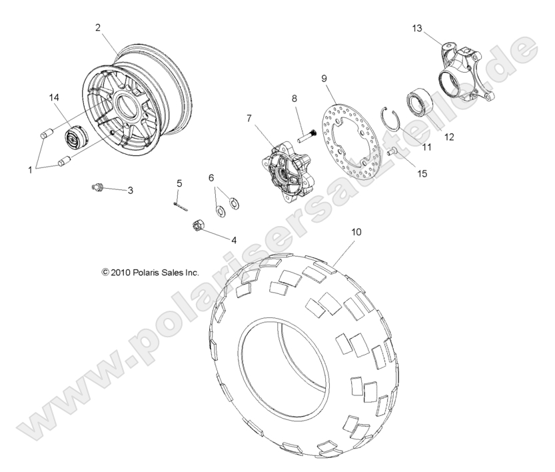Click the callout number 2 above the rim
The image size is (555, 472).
point(98,27)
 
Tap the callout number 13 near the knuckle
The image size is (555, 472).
point(417,28)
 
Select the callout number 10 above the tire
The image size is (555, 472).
point(356,232)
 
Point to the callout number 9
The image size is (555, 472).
point(324,79)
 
